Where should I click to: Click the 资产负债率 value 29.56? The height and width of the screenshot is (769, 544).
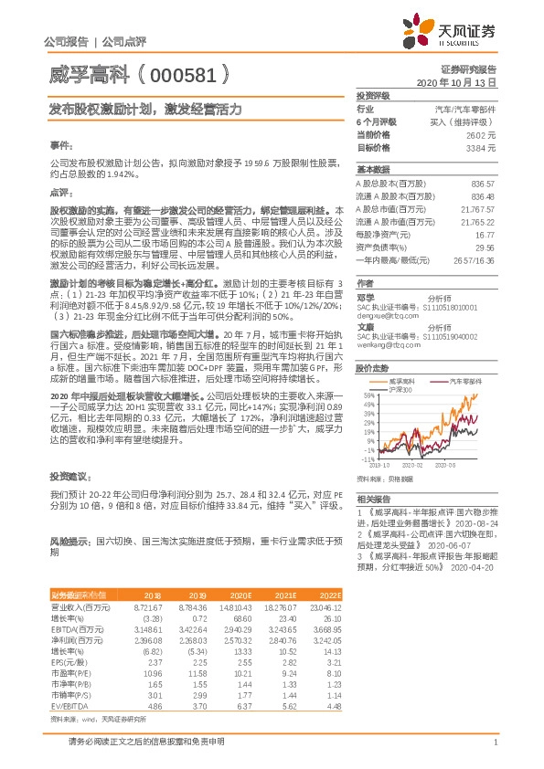point(485,247)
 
